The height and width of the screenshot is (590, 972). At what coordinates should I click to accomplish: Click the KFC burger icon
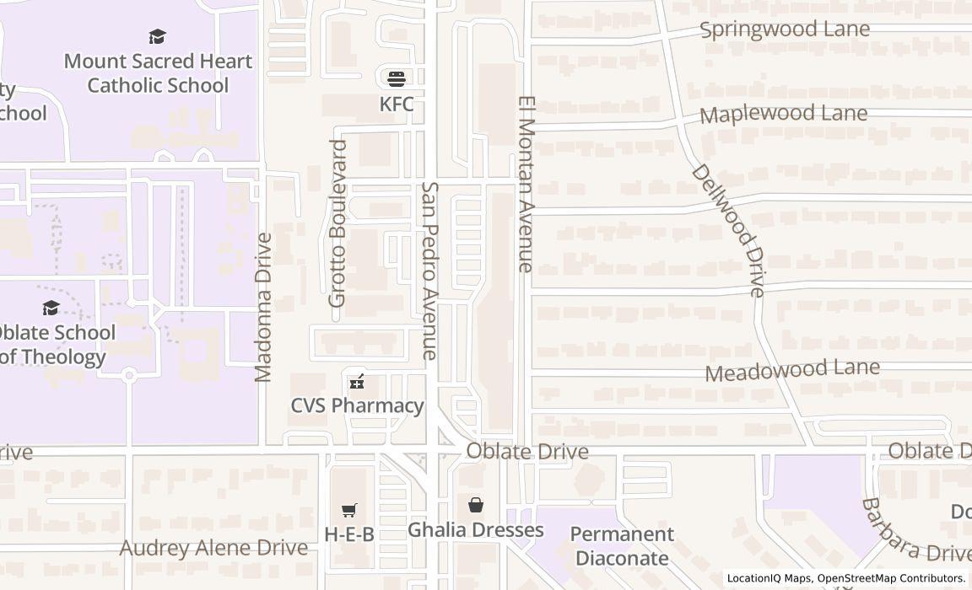[x=397, y=78]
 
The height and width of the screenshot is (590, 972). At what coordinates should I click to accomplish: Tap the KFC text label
[x=397, y=104]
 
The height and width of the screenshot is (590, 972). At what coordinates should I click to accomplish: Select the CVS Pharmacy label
[x=357, y=405]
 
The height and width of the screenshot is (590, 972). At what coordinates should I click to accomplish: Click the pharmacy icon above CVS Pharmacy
[x=357, y=383]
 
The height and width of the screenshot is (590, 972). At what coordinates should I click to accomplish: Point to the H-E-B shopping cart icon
[x=349, y=510]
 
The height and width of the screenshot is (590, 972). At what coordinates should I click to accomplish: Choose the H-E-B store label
[x=349, y=534]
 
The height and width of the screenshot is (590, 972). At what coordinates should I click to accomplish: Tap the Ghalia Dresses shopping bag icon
[x=476, y=505]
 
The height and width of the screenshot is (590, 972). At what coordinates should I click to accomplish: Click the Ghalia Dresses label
[x=476, y=530]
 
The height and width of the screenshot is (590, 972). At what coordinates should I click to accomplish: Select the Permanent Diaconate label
[x=622, y=545]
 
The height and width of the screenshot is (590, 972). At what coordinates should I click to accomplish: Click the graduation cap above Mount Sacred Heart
[x=157, y=36]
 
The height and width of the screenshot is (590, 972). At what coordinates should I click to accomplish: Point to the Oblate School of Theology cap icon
[x=51, y=308]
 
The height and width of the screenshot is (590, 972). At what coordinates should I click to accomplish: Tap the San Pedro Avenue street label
[x=430, y=271]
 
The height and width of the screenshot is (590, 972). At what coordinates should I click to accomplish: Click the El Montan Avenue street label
[x=526, y=184]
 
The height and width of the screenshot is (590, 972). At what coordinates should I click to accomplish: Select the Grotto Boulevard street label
[x=337, y=223]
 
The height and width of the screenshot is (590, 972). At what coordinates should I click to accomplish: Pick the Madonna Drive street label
[x=263, y=307]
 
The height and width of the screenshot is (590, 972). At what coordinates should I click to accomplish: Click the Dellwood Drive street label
[x=728, y=230]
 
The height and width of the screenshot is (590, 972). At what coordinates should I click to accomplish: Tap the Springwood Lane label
[x=785, y=29]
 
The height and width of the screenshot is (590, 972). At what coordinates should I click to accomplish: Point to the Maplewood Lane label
[x=783, y=114]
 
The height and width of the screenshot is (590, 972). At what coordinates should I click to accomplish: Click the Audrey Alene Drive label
[x=213, y=548]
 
